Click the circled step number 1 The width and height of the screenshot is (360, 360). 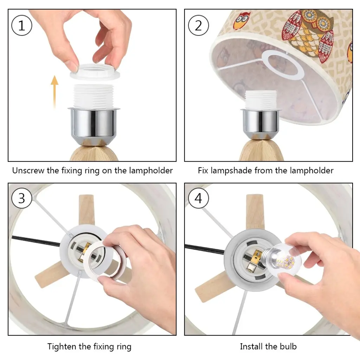21,25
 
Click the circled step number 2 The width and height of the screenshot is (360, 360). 198,25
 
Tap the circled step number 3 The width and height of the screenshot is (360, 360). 21,198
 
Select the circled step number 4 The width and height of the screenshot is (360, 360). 198,198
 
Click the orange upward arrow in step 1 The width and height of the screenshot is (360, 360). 54,92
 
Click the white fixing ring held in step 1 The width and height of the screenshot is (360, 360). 95,71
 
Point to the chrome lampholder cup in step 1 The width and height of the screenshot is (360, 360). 94,124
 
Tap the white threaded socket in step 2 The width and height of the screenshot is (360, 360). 261,99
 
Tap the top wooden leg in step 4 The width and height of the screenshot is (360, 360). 255,211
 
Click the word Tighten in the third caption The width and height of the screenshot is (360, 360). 62,346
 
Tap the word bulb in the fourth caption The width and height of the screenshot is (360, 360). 288,346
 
